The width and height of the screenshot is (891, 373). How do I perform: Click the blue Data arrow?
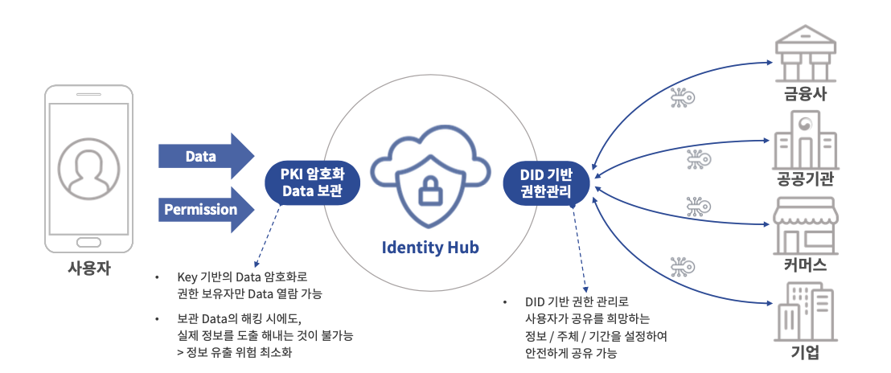[x=205, y=157]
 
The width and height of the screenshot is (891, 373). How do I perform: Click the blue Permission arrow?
[x=205, y=210]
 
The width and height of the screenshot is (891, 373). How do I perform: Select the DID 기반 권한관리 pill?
[x=546, y=182]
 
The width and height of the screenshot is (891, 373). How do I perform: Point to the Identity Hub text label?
[x=430, y=248]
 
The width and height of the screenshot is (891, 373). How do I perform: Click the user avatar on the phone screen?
[x=88, y=168]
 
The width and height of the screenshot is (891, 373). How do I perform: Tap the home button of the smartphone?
[x=88, y=242]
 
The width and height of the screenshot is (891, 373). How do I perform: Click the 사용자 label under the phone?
[x=88, y=269]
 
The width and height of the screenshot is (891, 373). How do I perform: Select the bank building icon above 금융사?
[x=805, y=53]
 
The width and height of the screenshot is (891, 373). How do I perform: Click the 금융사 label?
[x=805, y=96]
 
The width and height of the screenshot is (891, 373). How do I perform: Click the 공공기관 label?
[x=805, y=179]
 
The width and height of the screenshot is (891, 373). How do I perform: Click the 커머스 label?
[x=805, y=266]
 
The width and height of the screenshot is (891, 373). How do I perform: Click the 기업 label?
[x=805, y=353]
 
